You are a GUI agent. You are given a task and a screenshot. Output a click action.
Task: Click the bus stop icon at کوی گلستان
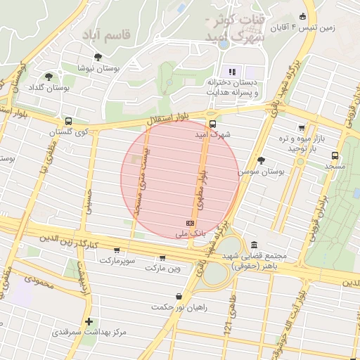tap(67, 121)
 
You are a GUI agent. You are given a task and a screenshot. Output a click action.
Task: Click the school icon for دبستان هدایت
tap(232, 72)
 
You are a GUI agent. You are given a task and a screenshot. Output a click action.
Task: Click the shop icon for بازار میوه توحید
tap(302, 128)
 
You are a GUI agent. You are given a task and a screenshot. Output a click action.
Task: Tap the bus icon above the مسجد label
tap(335, 155)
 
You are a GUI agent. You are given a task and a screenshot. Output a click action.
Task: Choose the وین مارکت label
tap(163, 268)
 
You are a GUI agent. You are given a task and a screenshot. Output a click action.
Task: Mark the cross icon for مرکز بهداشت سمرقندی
tap(89, 321)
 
